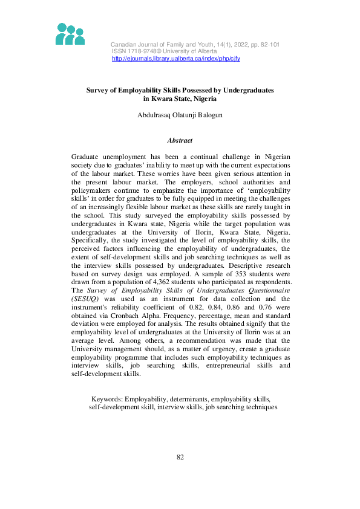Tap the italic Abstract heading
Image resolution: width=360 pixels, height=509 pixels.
tap(180, 140)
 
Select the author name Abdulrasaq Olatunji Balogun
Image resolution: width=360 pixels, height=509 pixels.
tap(180, 115)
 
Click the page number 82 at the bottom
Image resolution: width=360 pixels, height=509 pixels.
tap(180, 457)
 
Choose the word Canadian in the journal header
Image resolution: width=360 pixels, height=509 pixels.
tap(124, 45)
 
